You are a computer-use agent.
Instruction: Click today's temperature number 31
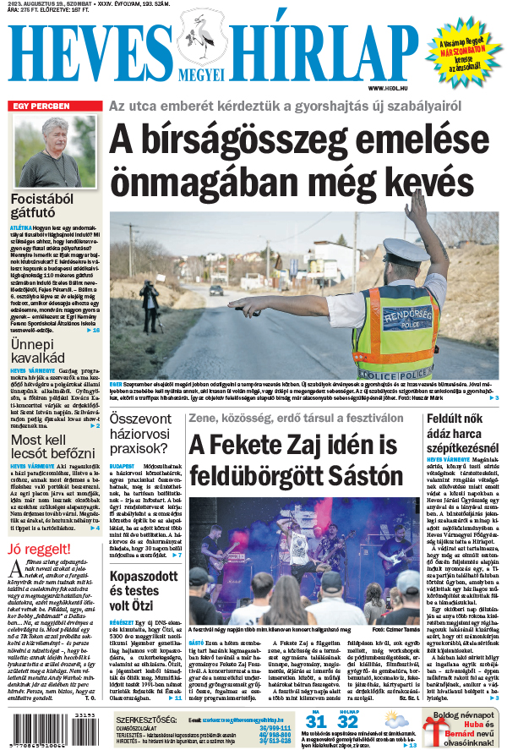pos(315,720)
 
